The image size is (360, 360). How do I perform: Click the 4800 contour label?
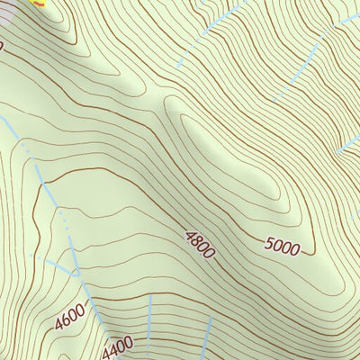pos(200,245)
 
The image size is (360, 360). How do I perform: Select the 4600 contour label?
pos(69,317)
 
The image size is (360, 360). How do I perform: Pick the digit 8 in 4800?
pos(196,241)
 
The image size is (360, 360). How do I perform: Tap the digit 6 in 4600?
pos(65,319)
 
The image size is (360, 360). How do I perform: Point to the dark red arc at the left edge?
pos(2,45)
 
